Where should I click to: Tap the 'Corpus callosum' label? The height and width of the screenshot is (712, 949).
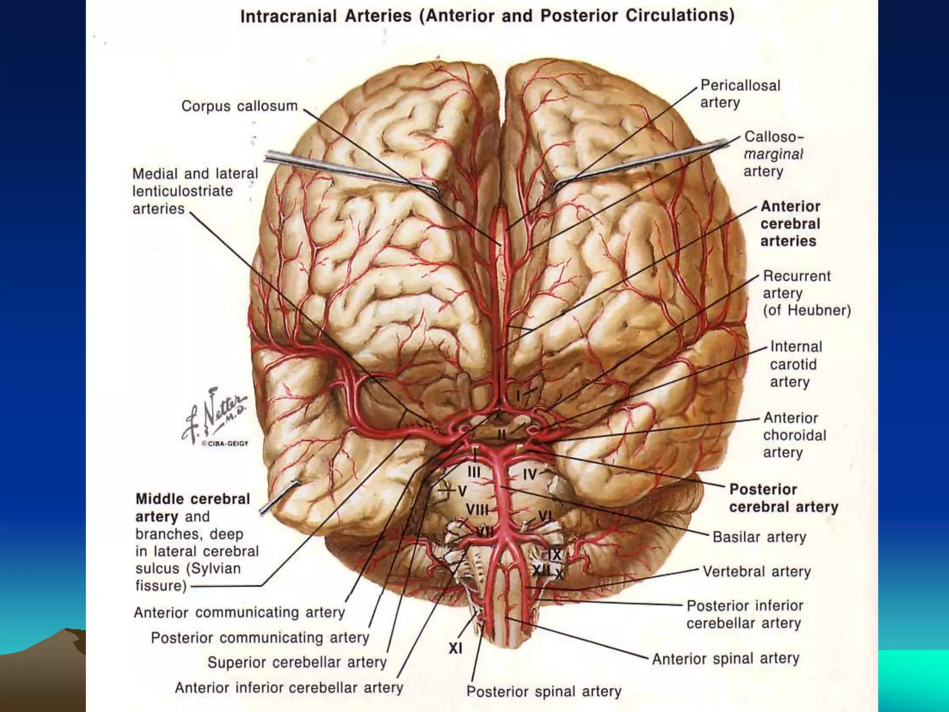pyautogui.click(x=239, y=106)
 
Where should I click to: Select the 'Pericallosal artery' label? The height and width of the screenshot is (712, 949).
pyautogui.click(x=740, y=94)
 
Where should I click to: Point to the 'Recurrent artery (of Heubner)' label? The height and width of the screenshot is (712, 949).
pyautogui.click(x=806, y=293)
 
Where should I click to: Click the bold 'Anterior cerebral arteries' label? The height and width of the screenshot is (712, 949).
pyautogui.click(x=790, y=223)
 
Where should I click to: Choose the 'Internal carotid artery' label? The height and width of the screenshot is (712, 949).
pyautogui.click(x=796, y=364)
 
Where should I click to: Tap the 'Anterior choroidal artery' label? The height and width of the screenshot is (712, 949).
pyautogui.click(x=794, y=435)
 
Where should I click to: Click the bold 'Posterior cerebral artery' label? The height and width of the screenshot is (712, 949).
pyautogui.click(x=783, y=498)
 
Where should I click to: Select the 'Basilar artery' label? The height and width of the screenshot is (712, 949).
pyautogui.click(x=759, y=537)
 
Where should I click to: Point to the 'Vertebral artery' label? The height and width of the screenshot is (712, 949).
pyautogui.click(x=756, y=572)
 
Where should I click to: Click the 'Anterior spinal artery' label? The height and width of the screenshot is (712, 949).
pyautogui.click(x=726, y=659)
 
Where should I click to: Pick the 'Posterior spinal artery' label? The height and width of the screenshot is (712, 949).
pyautogui.click(x=544, y=691)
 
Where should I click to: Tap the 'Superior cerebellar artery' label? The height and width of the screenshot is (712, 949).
pyautogui.click(x=297, y=662)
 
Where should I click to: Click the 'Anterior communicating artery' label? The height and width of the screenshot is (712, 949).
pyautogui.click(x=239, y=613)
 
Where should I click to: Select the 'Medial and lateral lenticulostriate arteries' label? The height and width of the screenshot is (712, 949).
pyautogui.click(x=195, y=191)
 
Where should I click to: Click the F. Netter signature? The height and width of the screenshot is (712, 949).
pyautogui.click(x=216, y=418)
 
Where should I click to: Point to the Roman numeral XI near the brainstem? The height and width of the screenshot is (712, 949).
pyautogui.click(x=455, y=648)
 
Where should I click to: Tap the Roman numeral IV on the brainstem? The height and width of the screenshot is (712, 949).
pyautogui.click(x=529, y=474)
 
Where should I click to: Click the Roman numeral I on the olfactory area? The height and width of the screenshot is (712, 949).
pyautogui.click(x=519, y=395)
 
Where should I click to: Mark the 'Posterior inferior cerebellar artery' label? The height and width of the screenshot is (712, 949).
pyautogui.click(x=744, y=614)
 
